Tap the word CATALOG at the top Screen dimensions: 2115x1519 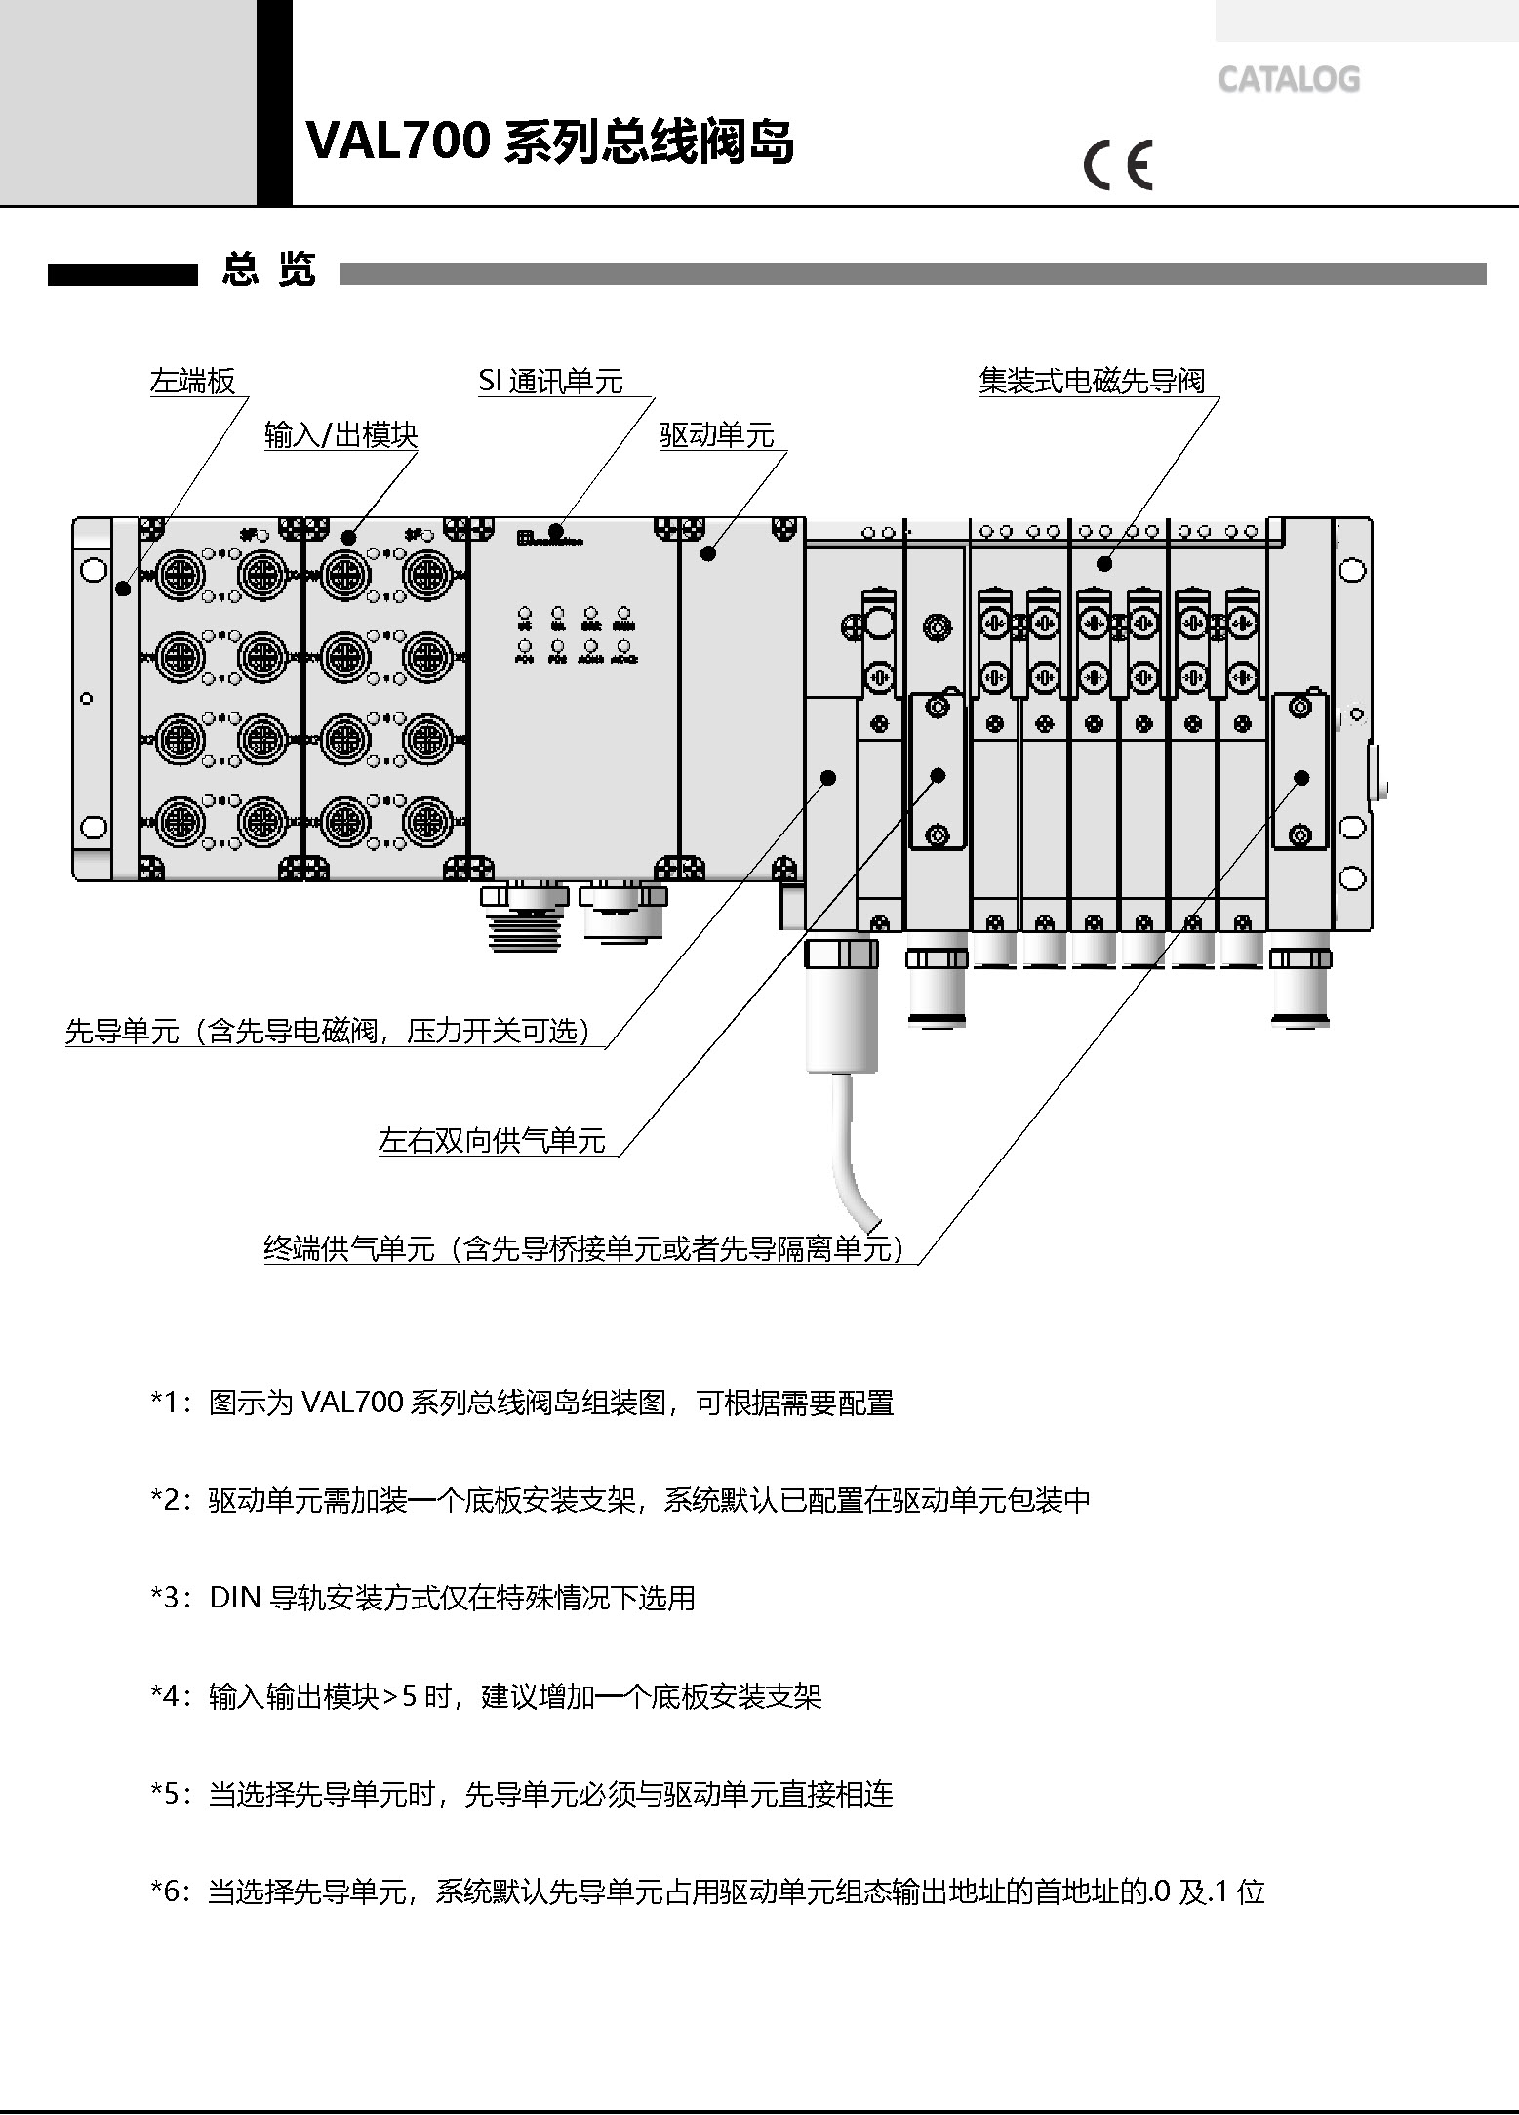1288,79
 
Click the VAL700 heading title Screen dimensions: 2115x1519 550,142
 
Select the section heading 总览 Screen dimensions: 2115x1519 268,269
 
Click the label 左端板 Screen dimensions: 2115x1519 193,381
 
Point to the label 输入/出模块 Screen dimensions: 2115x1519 340,435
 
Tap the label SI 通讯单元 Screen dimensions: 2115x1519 550,381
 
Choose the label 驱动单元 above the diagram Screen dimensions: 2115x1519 717,435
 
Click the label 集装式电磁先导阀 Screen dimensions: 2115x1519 1092,381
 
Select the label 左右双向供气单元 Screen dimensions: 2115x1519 492,1140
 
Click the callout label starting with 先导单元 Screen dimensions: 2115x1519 328,1031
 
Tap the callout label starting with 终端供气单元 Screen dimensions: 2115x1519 584,1248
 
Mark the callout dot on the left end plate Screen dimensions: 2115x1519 123,589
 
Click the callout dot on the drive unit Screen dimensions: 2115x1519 709,553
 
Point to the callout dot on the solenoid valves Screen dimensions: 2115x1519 1104,563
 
